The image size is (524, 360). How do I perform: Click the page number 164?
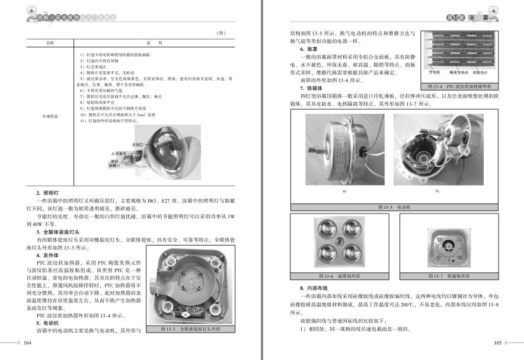27,343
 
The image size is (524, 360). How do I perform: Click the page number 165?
497,343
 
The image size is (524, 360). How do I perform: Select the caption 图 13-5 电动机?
395,207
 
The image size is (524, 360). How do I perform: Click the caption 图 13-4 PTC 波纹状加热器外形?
461,85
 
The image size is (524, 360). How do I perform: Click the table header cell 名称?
50,43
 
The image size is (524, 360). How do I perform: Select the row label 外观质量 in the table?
50,116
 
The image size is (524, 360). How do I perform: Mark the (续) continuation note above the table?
221,33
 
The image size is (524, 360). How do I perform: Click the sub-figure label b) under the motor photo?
437,191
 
